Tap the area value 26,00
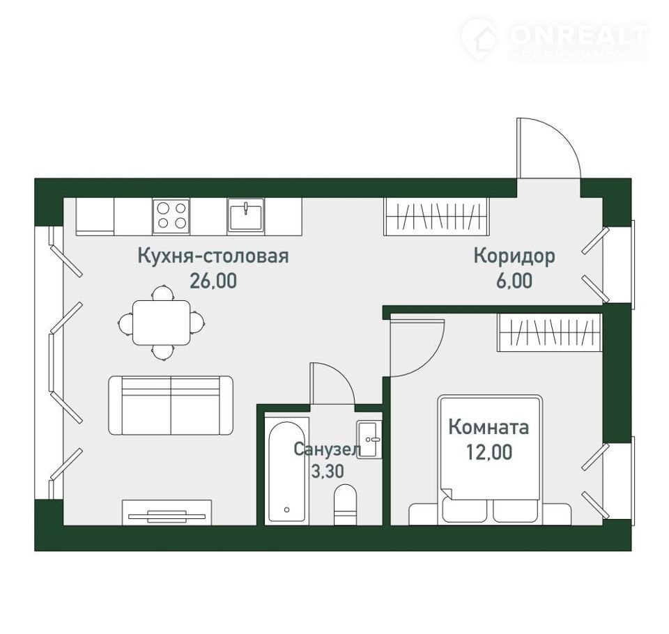213,281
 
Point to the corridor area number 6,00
514,281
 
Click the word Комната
489,427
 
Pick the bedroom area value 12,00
489,452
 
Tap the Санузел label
328,449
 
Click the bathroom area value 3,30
328,472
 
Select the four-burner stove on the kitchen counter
171,216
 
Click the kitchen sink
245,215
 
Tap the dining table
161,323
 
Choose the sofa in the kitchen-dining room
171,405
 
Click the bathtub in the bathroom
286,471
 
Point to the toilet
345,504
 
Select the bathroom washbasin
369,440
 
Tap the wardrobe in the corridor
435,216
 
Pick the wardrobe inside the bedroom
550,332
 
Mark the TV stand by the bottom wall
167,512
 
